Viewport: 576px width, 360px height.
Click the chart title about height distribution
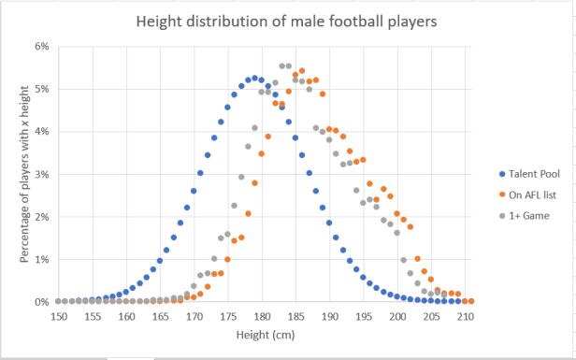(287, 21)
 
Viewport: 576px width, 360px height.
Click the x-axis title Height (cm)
(265, 337)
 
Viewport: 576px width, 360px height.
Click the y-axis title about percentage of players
(24, 174)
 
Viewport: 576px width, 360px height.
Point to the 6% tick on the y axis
(41, 46)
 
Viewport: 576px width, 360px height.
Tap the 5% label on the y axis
(41, 89)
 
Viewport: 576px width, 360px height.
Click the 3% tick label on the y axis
(41, 174)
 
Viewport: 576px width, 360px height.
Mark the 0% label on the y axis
(41, 302)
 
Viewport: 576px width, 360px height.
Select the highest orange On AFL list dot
(302, 71)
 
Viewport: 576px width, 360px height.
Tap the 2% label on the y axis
(41, 217)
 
